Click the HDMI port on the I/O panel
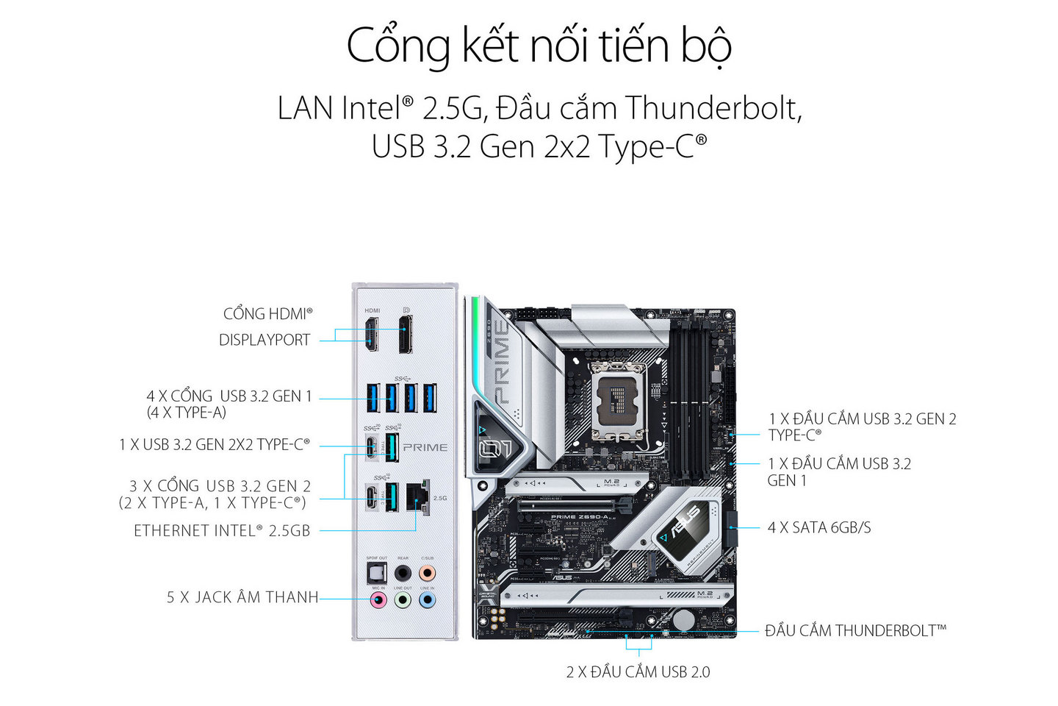click(x=373, y=333)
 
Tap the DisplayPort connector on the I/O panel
click(x=406, y=335)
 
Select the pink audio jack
click(x=378, y=599)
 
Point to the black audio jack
click(x=403, y=572)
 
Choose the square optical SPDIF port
click(x=377, y=572)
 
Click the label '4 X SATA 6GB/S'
click(x=818, y=527)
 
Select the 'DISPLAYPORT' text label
click(x=264, y=340)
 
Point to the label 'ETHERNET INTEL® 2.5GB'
click(x=222, y=530)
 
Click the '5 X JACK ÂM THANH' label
click(x=242, y=597)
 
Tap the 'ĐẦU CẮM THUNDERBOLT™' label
click(x=855, y=630)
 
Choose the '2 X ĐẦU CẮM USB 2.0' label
click(x=638, y=671)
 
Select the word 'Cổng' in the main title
click(x=397, y=46)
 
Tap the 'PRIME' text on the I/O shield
click(x=425, y=447)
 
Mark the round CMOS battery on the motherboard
click(x=683, y=619)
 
